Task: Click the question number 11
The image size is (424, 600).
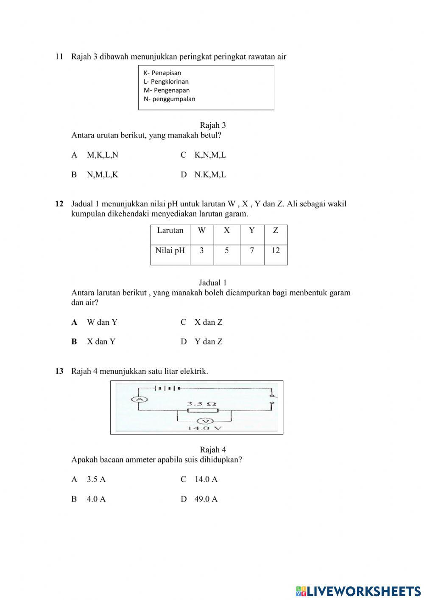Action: [59, 56]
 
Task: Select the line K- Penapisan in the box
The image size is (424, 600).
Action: [162, 73]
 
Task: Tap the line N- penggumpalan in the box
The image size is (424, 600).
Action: [170, 99]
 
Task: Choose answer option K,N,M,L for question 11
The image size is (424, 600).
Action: [210, 155]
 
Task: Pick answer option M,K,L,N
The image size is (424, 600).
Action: [102, 155]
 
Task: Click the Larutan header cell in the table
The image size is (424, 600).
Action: [170, 231]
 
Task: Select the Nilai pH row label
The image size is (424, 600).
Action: [170, 251]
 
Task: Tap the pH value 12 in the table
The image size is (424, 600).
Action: [276, 251]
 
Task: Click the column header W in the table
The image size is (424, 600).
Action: [201, 231]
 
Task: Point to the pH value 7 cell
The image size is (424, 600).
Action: [252, 251]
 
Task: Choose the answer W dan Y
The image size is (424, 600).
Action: [102, 322]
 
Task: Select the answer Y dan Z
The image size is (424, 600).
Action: [208, 342]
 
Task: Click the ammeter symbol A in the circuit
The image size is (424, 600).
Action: [138, 399]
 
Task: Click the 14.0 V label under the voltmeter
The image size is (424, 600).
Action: [205, 428]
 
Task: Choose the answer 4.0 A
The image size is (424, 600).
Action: [96, 499]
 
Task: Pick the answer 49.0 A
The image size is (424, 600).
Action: [206, 499]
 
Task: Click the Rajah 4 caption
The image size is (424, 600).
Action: [213, 450]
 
